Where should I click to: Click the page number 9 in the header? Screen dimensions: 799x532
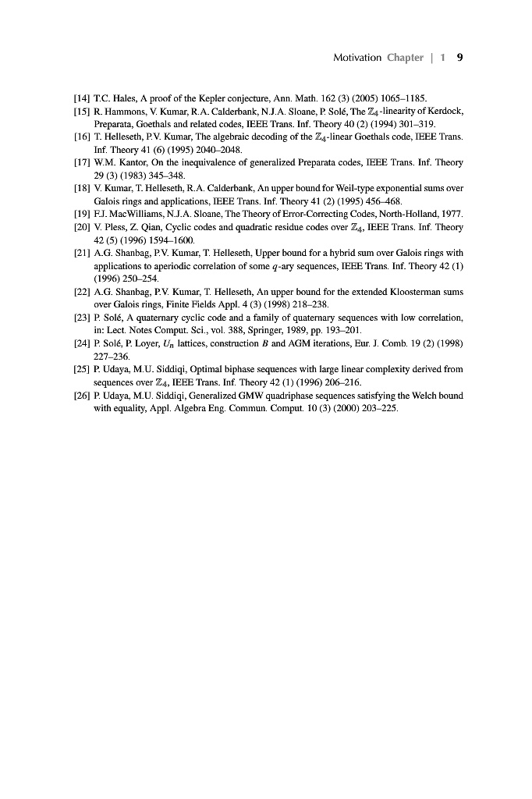coord(460,58)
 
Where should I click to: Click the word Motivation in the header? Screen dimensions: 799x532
coord(356,58)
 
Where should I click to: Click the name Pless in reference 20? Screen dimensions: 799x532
coord(114,227)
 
